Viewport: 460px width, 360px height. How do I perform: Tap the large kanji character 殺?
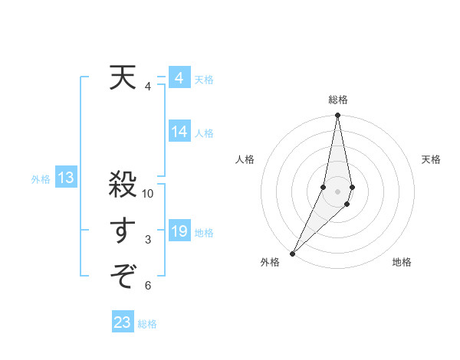click(x=123, y=186)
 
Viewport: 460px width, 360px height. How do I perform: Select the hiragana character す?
click(x=123, y=231)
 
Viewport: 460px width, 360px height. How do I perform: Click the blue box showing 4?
click(x=179, y=78)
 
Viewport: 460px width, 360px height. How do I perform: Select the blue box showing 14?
click(x=179, y=132)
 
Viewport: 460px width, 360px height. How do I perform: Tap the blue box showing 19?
click(x=179, y=231)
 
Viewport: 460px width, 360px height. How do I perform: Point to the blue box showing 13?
click(x=66, y=178)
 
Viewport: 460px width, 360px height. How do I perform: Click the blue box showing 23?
click(x=123, y=322)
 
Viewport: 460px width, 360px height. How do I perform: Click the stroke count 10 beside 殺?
click(x=148, y=195)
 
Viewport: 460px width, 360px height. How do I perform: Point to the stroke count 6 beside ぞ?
click(x=148, y=286)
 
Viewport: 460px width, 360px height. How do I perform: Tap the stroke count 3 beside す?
click(x=148, y=241)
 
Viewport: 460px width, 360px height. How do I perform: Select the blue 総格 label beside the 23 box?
click(x=147, y=324)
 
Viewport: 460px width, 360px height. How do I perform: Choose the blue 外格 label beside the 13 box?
click(x=41, y=179)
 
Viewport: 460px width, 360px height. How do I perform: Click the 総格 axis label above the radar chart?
click(x=337, y=100)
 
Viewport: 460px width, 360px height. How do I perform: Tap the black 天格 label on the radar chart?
click(x=431, y=159)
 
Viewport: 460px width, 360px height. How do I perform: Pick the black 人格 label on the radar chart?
click(x=245, y=159)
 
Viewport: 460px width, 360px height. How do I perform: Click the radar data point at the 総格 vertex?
click(x=337, y=116)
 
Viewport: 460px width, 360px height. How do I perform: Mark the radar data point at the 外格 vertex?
click(x=293, y=253)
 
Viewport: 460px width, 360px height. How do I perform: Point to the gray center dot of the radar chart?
click(x=337, y=191)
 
